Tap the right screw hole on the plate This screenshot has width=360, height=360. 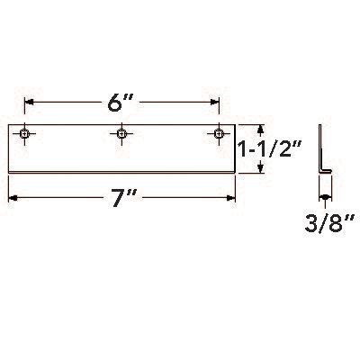[217, 135]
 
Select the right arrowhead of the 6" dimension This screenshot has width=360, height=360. [215, 102]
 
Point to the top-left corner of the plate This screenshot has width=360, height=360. [8, 124]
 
